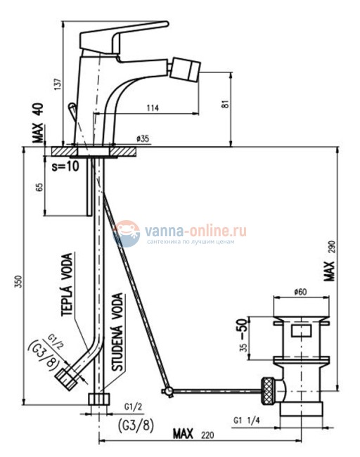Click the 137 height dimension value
(58, 84)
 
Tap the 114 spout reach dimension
(153, 108)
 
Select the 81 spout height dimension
(225, 104)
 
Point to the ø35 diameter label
(143, 139)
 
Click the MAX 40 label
(38, 123)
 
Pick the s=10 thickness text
(65, 166)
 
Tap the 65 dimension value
(39, 187)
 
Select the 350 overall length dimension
(18, 281)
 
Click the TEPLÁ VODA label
(67, 285)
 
